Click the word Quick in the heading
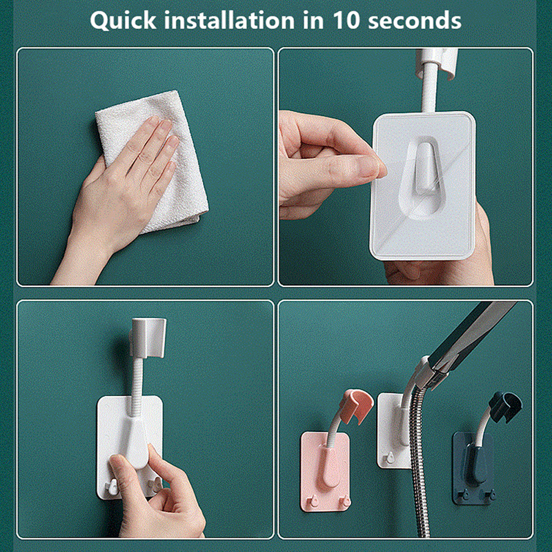coord(123,21)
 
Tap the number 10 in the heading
coord(346,20)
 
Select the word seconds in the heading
coord(415,21)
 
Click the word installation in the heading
coord(229,20)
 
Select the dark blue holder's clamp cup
coord(506,407)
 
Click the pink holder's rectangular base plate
coord(325,472)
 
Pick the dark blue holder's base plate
coord(474,469)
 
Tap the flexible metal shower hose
coord(418,469)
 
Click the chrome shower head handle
coord(472,338)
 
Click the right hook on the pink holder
coord(345,500)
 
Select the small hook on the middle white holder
coord(389,457)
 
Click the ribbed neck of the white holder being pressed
coord(137,387)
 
